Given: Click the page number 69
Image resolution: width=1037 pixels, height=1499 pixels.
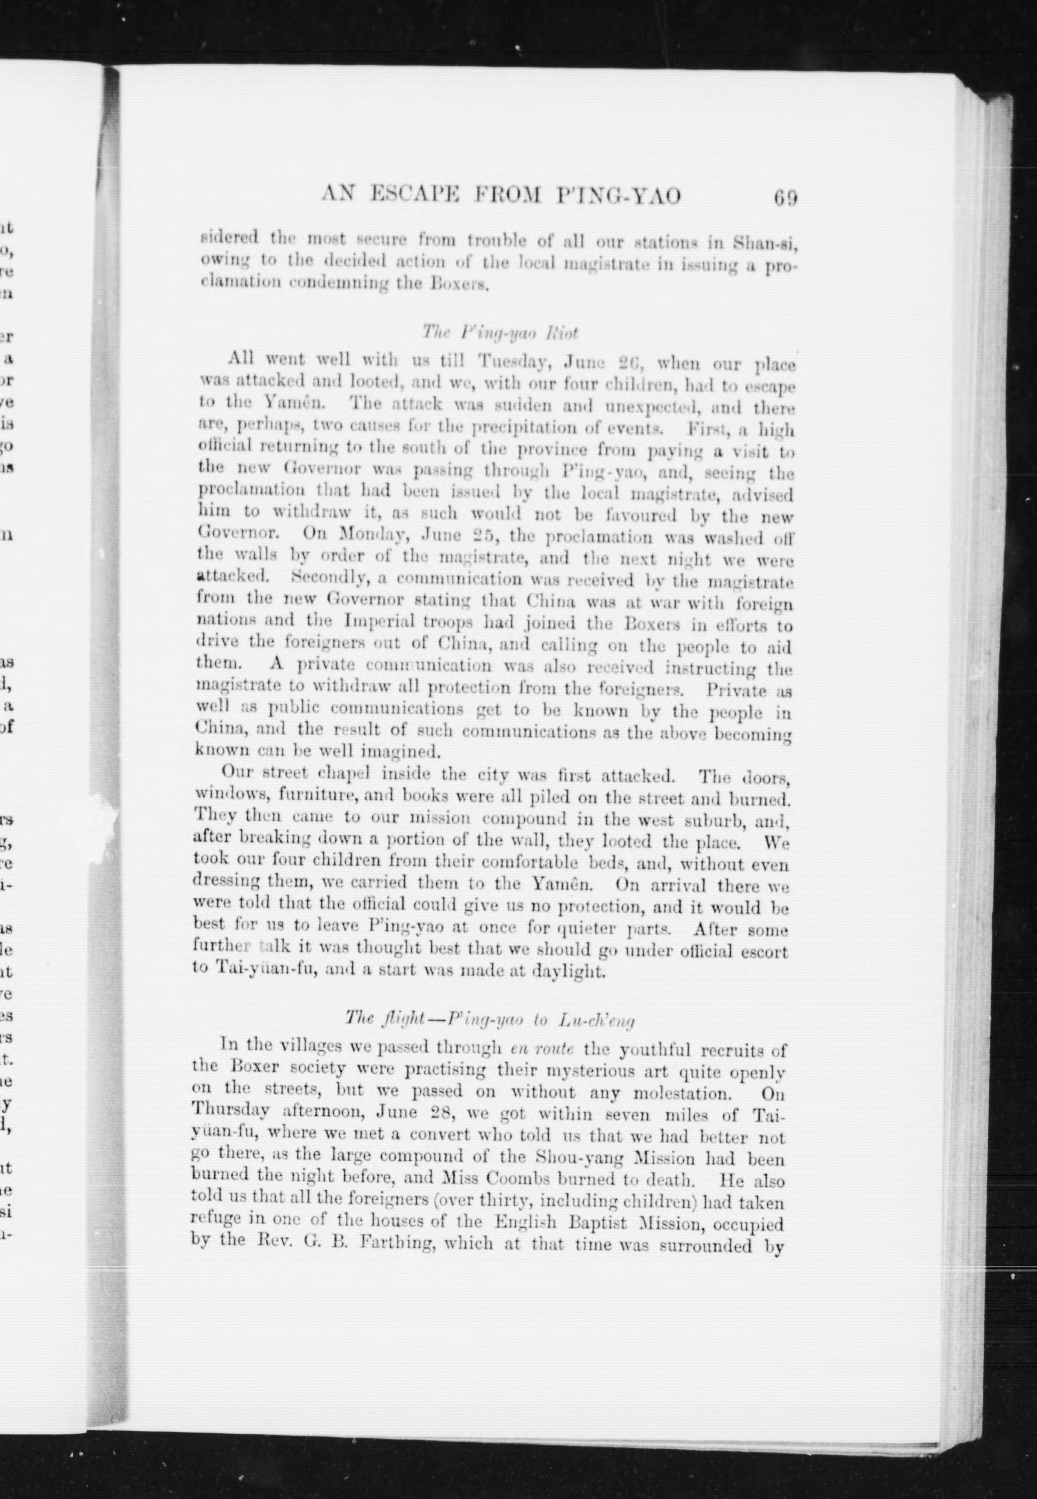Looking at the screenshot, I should tap(785, 196).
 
